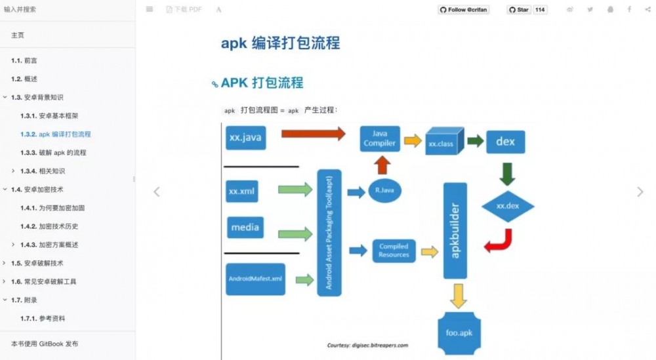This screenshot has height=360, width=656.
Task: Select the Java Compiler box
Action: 380,138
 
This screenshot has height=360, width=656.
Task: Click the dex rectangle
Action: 505,141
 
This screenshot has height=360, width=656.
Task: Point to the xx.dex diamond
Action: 508,206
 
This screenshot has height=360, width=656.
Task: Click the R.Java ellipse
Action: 384,191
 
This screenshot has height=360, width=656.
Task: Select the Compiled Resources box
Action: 394,250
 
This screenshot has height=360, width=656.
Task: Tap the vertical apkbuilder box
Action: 455,230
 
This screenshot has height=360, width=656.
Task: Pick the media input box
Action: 245,228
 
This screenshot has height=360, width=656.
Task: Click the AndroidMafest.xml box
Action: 255,279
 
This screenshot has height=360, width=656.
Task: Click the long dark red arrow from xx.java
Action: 313,134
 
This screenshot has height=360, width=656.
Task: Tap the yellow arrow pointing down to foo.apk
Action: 459,296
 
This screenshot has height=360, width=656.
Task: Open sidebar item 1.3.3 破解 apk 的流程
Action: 62,153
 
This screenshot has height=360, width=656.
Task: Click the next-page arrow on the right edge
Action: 640,192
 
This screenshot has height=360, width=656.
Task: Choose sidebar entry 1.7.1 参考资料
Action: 52,319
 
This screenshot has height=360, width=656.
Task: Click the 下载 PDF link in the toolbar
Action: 184,10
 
